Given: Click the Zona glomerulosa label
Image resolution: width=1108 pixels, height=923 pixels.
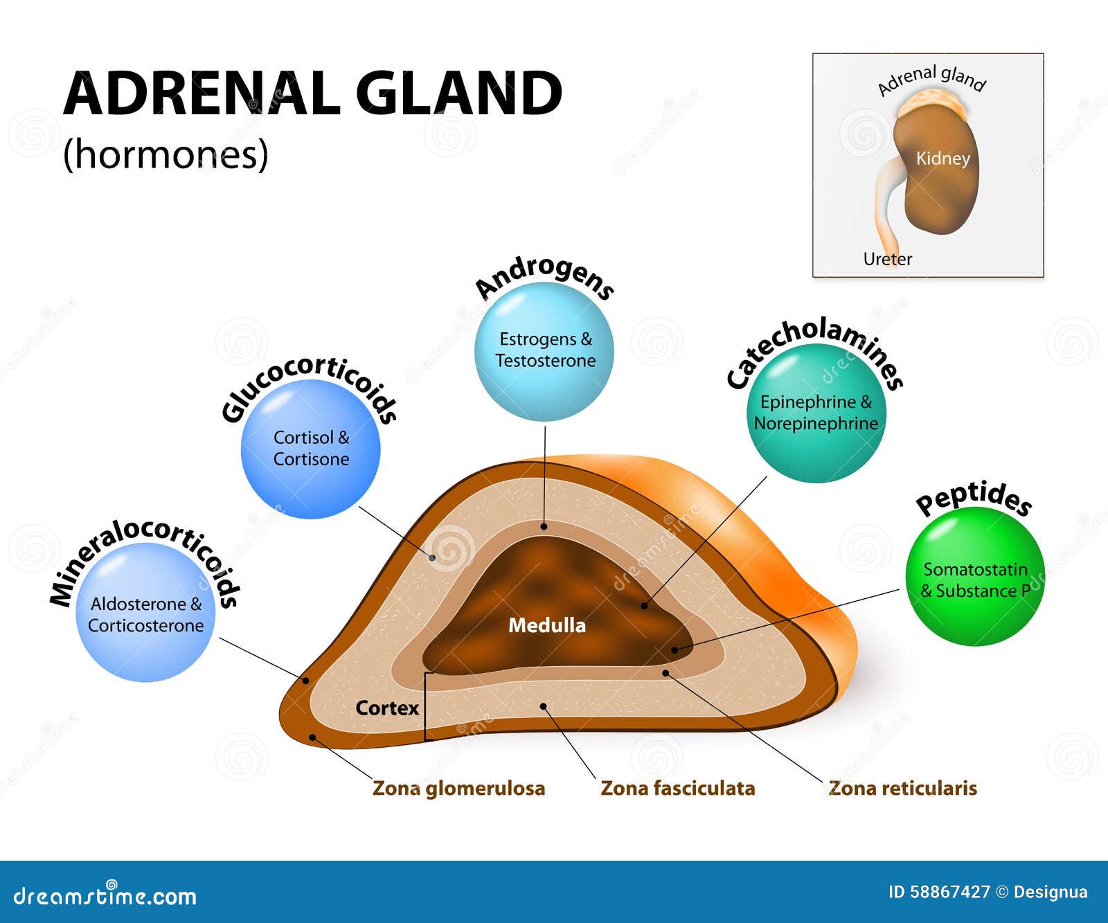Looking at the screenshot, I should click(458, 788).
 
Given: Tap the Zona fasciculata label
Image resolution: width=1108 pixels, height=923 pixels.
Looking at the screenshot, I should click(677, 788).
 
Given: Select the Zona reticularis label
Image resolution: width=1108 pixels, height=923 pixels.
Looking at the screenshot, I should click(902, 788).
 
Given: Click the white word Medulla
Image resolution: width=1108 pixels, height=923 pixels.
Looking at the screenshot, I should click(547, 625).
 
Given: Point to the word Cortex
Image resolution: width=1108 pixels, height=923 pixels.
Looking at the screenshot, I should click(387, 708).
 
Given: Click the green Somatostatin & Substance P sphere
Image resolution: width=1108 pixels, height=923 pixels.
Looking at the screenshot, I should click(974, 577).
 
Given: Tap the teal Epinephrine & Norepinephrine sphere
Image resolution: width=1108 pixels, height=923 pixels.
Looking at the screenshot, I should click(816, 413).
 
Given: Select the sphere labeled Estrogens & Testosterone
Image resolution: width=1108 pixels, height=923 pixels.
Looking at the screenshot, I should click(544, 351).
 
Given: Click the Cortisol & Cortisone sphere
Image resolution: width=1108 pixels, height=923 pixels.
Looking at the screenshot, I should click(311, 449).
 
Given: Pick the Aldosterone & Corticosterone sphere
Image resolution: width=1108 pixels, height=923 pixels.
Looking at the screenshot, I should click(145, 613).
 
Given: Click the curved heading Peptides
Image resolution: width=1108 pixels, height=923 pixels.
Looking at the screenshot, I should click(973, 499).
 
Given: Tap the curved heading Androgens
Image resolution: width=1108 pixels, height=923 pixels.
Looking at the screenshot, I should click(544, 279).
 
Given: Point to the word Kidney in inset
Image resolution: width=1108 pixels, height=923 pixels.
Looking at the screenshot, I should click(942, 159).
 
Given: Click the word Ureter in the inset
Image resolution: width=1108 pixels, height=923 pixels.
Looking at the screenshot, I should click(887, 259).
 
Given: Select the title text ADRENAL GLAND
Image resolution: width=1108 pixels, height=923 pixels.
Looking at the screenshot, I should click(312, 94).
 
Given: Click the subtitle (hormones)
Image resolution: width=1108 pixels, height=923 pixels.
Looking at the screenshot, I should click(166, 154).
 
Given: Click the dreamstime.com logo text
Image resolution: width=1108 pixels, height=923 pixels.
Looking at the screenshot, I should click(105, 896).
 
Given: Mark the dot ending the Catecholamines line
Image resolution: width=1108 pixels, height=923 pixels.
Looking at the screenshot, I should click(644, 606).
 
